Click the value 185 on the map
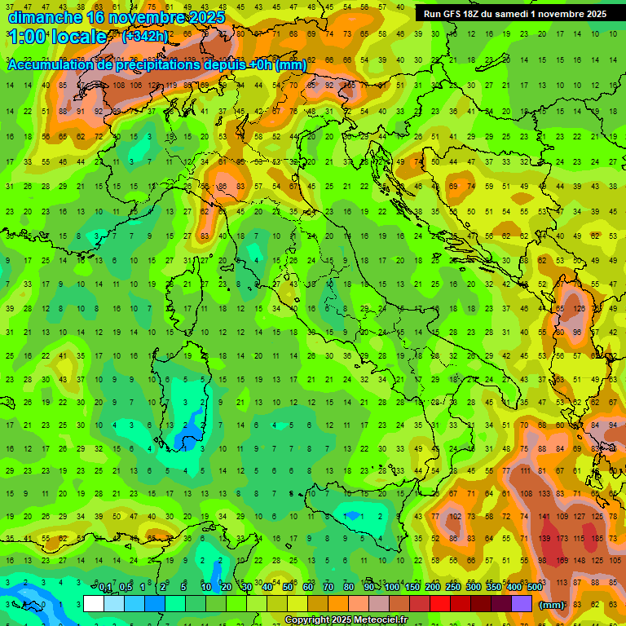599,540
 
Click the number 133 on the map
544,493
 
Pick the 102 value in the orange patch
456,516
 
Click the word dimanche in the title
44,16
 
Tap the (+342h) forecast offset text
145,36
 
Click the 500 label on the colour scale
535,589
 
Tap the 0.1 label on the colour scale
106,589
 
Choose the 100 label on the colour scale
392,589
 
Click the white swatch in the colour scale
93,603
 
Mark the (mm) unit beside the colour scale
552,604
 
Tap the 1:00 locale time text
57,37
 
